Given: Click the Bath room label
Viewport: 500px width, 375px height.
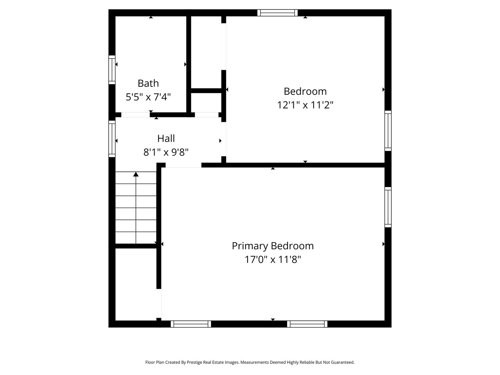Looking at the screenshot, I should click(148, 83).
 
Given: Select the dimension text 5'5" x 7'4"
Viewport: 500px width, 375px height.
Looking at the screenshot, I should click(148, 97).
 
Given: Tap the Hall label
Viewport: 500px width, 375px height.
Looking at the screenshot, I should click(166, 139).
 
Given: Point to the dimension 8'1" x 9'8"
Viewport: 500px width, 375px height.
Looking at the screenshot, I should click(166, 152).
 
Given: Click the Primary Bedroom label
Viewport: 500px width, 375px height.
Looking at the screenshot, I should click(273, 246).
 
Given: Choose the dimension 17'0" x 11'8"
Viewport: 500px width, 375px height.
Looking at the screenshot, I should click(273, 259).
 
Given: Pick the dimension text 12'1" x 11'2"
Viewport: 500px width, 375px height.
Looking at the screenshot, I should click(305, 105).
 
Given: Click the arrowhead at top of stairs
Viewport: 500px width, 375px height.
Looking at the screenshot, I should click(136, 174).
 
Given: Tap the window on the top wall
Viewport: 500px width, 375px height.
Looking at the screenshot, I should click(277, 13).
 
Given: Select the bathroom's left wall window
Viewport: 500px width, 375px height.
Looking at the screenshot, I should click(112, 70).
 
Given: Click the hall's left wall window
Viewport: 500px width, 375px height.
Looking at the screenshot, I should click(112, 139).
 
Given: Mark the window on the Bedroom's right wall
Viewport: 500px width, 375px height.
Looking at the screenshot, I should click(388, 131).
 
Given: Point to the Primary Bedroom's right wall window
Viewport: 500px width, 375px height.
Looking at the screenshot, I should click(388, 207).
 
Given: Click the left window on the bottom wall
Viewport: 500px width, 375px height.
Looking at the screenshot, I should click(191, 324).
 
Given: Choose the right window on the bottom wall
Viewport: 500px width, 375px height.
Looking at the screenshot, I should click(307, 324).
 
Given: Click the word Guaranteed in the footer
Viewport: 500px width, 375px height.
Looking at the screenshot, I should click(342, 362).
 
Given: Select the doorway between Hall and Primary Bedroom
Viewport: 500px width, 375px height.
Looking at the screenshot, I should click(183, 165).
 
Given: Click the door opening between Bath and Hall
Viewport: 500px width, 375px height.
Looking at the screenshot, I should click(135, 115).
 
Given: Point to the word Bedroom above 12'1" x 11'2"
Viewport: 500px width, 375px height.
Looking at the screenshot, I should click(305, 91).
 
